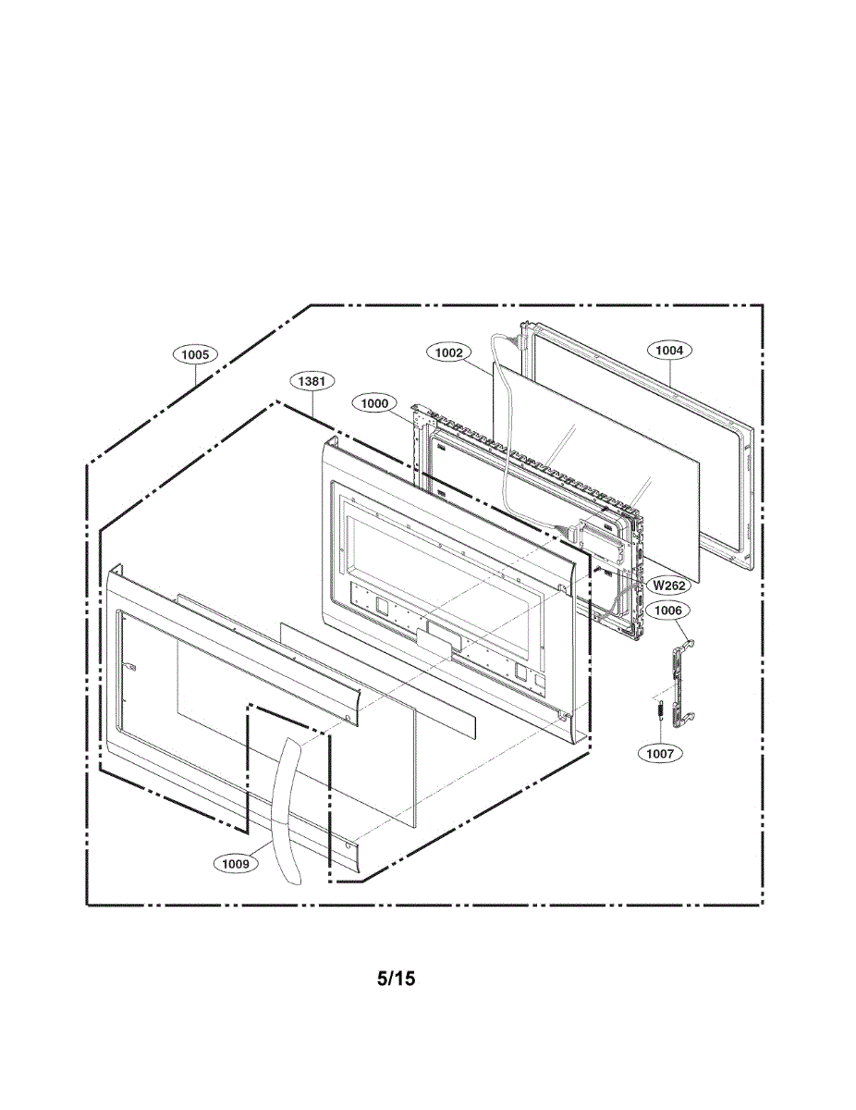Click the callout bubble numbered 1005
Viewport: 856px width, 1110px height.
pyautogui.click(x=195, y=354)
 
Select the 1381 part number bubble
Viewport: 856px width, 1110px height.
pyautogui.click(x=312, y=380)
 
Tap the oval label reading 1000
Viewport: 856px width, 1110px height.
pyautogui.click(x=375, y=402)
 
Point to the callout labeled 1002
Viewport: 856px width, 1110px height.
pyautogui.click(x=449, y=352)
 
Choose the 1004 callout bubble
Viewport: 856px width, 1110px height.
pyautogui.click(x=669, y=351)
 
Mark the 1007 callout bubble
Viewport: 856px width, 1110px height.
pyautogui.click(x=660, y=753)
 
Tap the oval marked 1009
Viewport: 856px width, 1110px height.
pyautogui.click(x=236, y=863)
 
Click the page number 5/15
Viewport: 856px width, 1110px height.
pyautogui.click(x=396, y=978)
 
